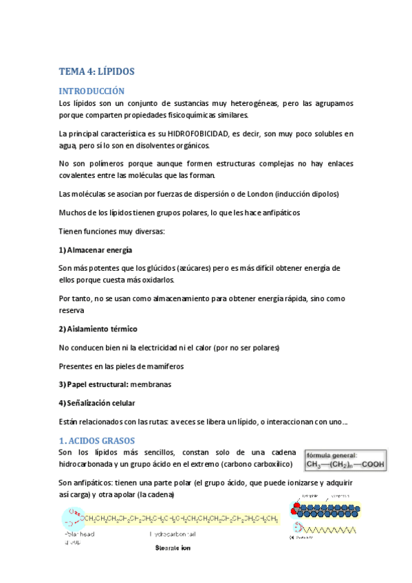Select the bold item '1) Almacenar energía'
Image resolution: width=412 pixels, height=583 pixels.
[x=96, y=250]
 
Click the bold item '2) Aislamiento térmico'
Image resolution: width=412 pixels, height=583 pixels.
[x=98, y=329]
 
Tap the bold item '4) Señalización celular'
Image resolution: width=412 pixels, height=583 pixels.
[x=97, y=403]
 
